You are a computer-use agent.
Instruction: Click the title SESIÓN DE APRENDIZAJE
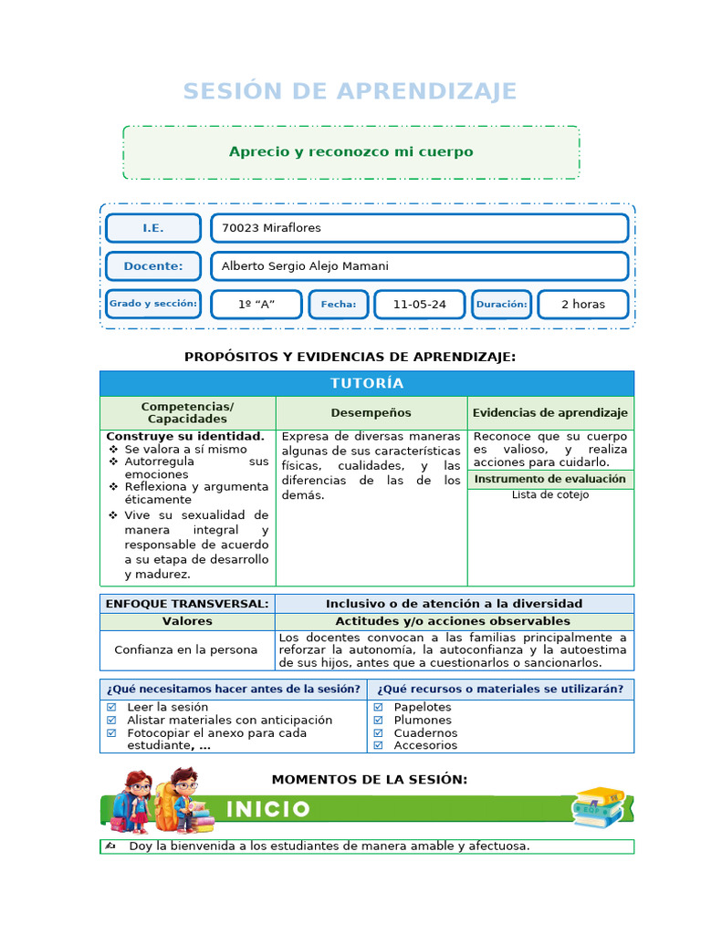[x=350, y=91]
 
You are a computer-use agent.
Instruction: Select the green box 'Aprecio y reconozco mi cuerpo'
[x=350, y=152]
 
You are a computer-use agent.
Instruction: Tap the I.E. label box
[x=153, y=228]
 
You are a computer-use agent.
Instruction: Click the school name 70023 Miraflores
[x=271, y=228]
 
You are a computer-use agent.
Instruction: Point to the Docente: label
[x=153, y=266]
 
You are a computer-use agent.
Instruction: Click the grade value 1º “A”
[x=256, y=305]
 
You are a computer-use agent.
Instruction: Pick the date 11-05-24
[x=419, y=305]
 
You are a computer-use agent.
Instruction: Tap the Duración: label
[x=501, y=305]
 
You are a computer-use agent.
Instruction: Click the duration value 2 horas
[x=582, y=305]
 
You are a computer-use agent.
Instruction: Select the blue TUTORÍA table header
[x=367, y=383]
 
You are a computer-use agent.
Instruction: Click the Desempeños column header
[x=371, y=413]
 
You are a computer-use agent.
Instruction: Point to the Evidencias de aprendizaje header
[x=549, y=413]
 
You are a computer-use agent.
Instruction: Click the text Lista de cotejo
[x=549, y=495]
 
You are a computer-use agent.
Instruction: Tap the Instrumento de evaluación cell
[x=549, y=479]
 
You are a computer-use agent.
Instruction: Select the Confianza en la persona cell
[x=186, y=650]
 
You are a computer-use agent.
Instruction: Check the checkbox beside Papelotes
[x=378, y=707]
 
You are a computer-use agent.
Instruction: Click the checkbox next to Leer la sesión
[x=111, y=707]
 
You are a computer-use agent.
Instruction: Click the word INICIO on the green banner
[x=268, y=809]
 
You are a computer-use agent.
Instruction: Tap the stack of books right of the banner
[x=599, y=807]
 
